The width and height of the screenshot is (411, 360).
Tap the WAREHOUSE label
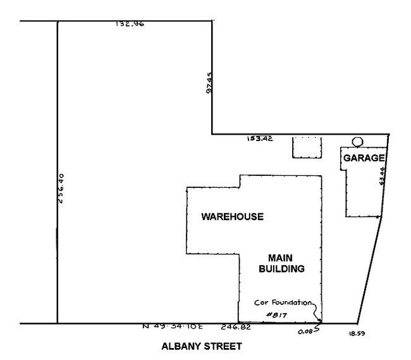click(x=232, y=217)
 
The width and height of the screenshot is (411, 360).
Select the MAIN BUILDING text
click(x=278, y=263)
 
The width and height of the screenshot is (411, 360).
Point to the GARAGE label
click(x=364, y=158)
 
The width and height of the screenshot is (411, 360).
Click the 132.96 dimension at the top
click(x=130, y=25)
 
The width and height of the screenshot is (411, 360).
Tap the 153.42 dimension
click(x=259, y=139)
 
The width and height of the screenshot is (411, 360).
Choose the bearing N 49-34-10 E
click(x=173, y=328)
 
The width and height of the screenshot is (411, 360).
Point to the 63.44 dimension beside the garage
click(x=383, y=175)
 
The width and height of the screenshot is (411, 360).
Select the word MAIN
click(x=278, y=258)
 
